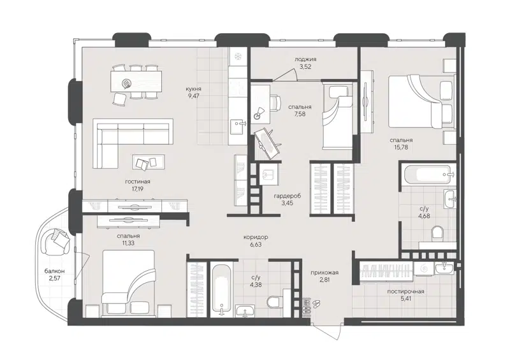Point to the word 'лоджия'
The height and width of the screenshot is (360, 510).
click(x=305, y=59)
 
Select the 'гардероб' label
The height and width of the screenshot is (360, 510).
click(x=287, y=196)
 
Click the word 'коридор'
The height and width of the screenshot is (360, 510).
click(x=256, y=236)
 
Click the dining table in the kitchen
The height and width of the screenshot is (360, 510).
click(x=133, y=81)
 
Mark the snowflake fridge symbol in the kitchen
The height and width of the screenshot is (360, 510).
click(x=237, y=56)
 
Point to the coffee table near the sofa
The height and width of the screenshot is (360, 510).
click(x=147, y=163)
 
